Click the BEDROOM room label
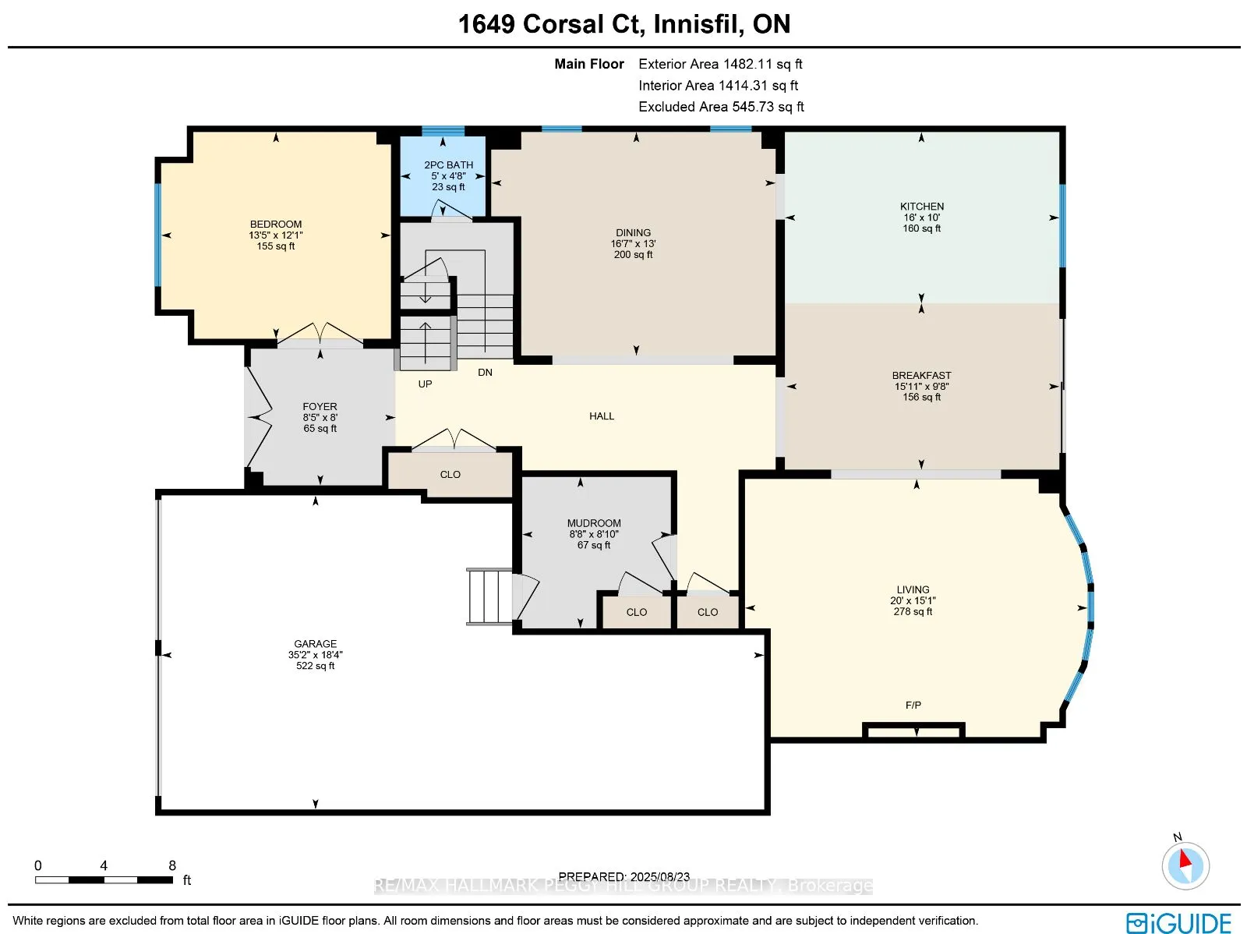tap(276, 224)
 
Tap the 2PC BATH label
tap(448, 165)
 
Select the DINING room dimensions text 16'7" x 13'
tap(633, 243)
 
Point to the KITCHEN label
tap(921, 207)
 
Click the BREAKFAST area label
tap(921, 375)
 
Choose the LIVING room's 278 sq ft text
tap(913, 611)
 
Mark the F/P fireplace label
tap(913, 705)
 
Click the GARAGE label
tap(315, 644)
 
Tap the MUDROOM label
tap(594, 523)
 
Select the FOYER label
tap(320, 406)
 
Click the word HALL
tap(602, 416)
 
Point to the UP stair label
tap(425, 384)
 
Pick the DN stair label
tap(485, 372)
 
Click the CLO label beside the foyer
tap(450, 474)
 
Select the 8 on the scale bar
tap(172, 865)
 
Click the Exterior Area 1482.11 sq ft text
tap(720, 64)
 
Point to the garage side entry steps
tap(489, 596)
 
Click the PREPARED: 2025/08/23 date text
tap(623, 876)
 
